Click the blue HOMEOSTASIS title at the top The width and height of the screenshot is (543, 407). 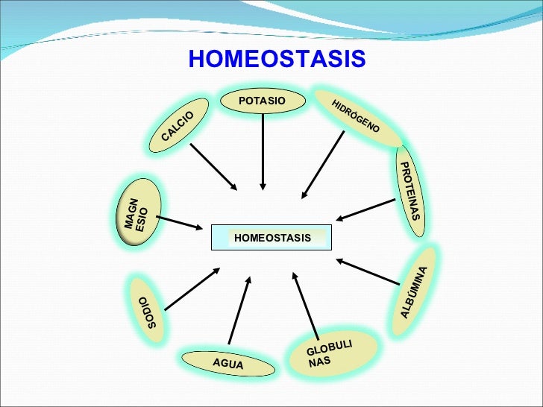[x=277, y=59]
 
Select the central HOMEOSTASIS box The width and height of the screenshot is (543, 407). [x=271, y=238]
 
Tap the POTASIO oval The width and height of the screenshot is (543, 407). [x=262, y=101]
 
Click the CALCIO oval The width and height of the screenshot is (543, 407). [x=178, y=125]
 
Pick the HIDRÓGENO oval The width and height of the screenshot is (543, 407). [x=356, y=117]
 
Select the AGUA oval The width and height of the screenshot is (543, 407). [x=227, y=363]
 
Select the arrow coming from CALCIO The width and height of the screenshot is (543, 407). [x=213, y=166]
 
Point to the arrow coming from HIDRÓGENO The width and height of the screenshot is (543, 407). [x=323, y=165]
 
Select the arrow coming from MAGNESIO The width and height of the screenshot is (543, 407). [x=180, y=223]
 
